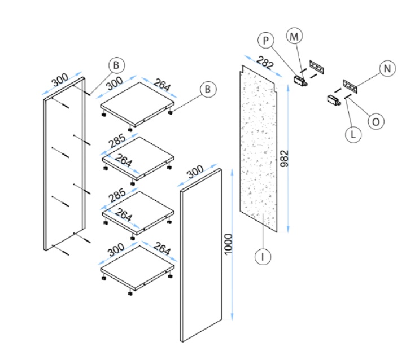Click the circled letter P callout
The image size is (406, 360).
pyautogui.click(x=266, y=41)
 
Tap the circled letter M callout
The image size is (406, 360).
pyautogui.click(x=294, y=36)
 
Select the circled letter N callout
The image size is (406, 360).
pyautogui.click(x=387, y=69)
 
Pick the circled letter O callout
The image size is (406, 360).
pyautogui.click(x=375, y=121)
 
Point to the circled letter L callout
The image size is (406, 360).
pyautogui.click(x=353, y=134)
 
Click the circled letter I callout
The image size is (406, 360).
pyautogui.click(x=262, y=257)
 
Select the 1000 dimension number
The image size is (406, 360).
pyautogui.click(x=228, y=244)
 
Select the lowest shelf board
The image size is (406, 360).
pyautogui.click(x=137, y=267)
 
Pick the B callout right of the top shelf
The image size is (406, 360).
pyautogui.click(x=208, y=89)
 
